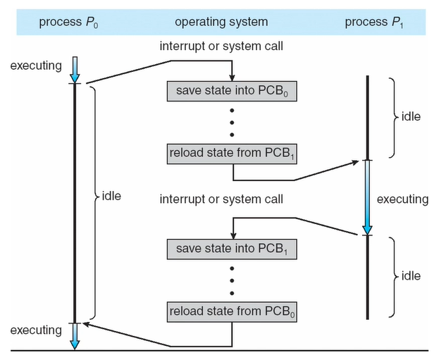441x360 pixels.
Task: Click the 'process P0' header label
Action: [x=68, y=23]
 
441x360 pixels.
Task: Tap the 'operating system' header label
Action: [x=221, y=22]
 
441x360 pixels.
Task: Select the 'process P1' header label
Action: [x=374, y=23]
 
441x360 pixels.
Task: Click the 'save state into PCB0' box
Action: [x=232, y=91]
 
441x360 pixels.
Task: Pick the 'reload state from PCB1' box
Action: [x=232, y=154]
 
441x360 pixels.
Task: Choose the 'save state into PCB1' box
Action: [x=232, y=249]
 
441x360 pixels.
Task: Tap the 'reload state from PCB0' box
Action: [x=232, y=312]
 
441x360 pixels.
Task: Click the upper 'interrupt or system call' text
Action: [x=221, y=46]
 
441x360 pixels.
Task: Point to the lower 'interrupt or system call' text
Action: [x=221, y=199]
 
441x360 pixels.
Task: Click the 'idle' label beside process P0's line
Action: [x=111, y=196]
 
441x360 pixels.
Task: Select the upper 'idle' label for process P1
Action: [x=411, y=116]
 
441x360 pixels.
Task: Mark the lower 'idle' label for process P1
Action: [x=411, y=276]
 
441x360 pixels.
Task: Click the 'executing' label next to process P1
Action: [x=403, y=199]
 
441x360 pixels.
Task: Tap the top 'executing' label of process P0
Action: [x=36, y=66]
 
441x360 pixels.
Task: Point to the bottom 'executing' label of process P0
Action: [x=36, y=330]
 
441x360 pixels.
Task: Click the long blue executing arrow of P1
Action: [x=367, y=197]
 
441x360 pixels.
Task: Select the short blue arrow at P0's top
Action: [x=75, y=70]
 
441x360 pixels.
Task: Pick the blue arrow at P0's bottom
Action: [x=75, y=336]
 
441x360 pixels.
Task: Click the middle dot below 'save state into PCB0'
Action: [x=232, y=123]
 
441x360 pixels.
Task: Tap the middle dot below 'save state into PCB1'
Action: [x=232, y=280]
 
